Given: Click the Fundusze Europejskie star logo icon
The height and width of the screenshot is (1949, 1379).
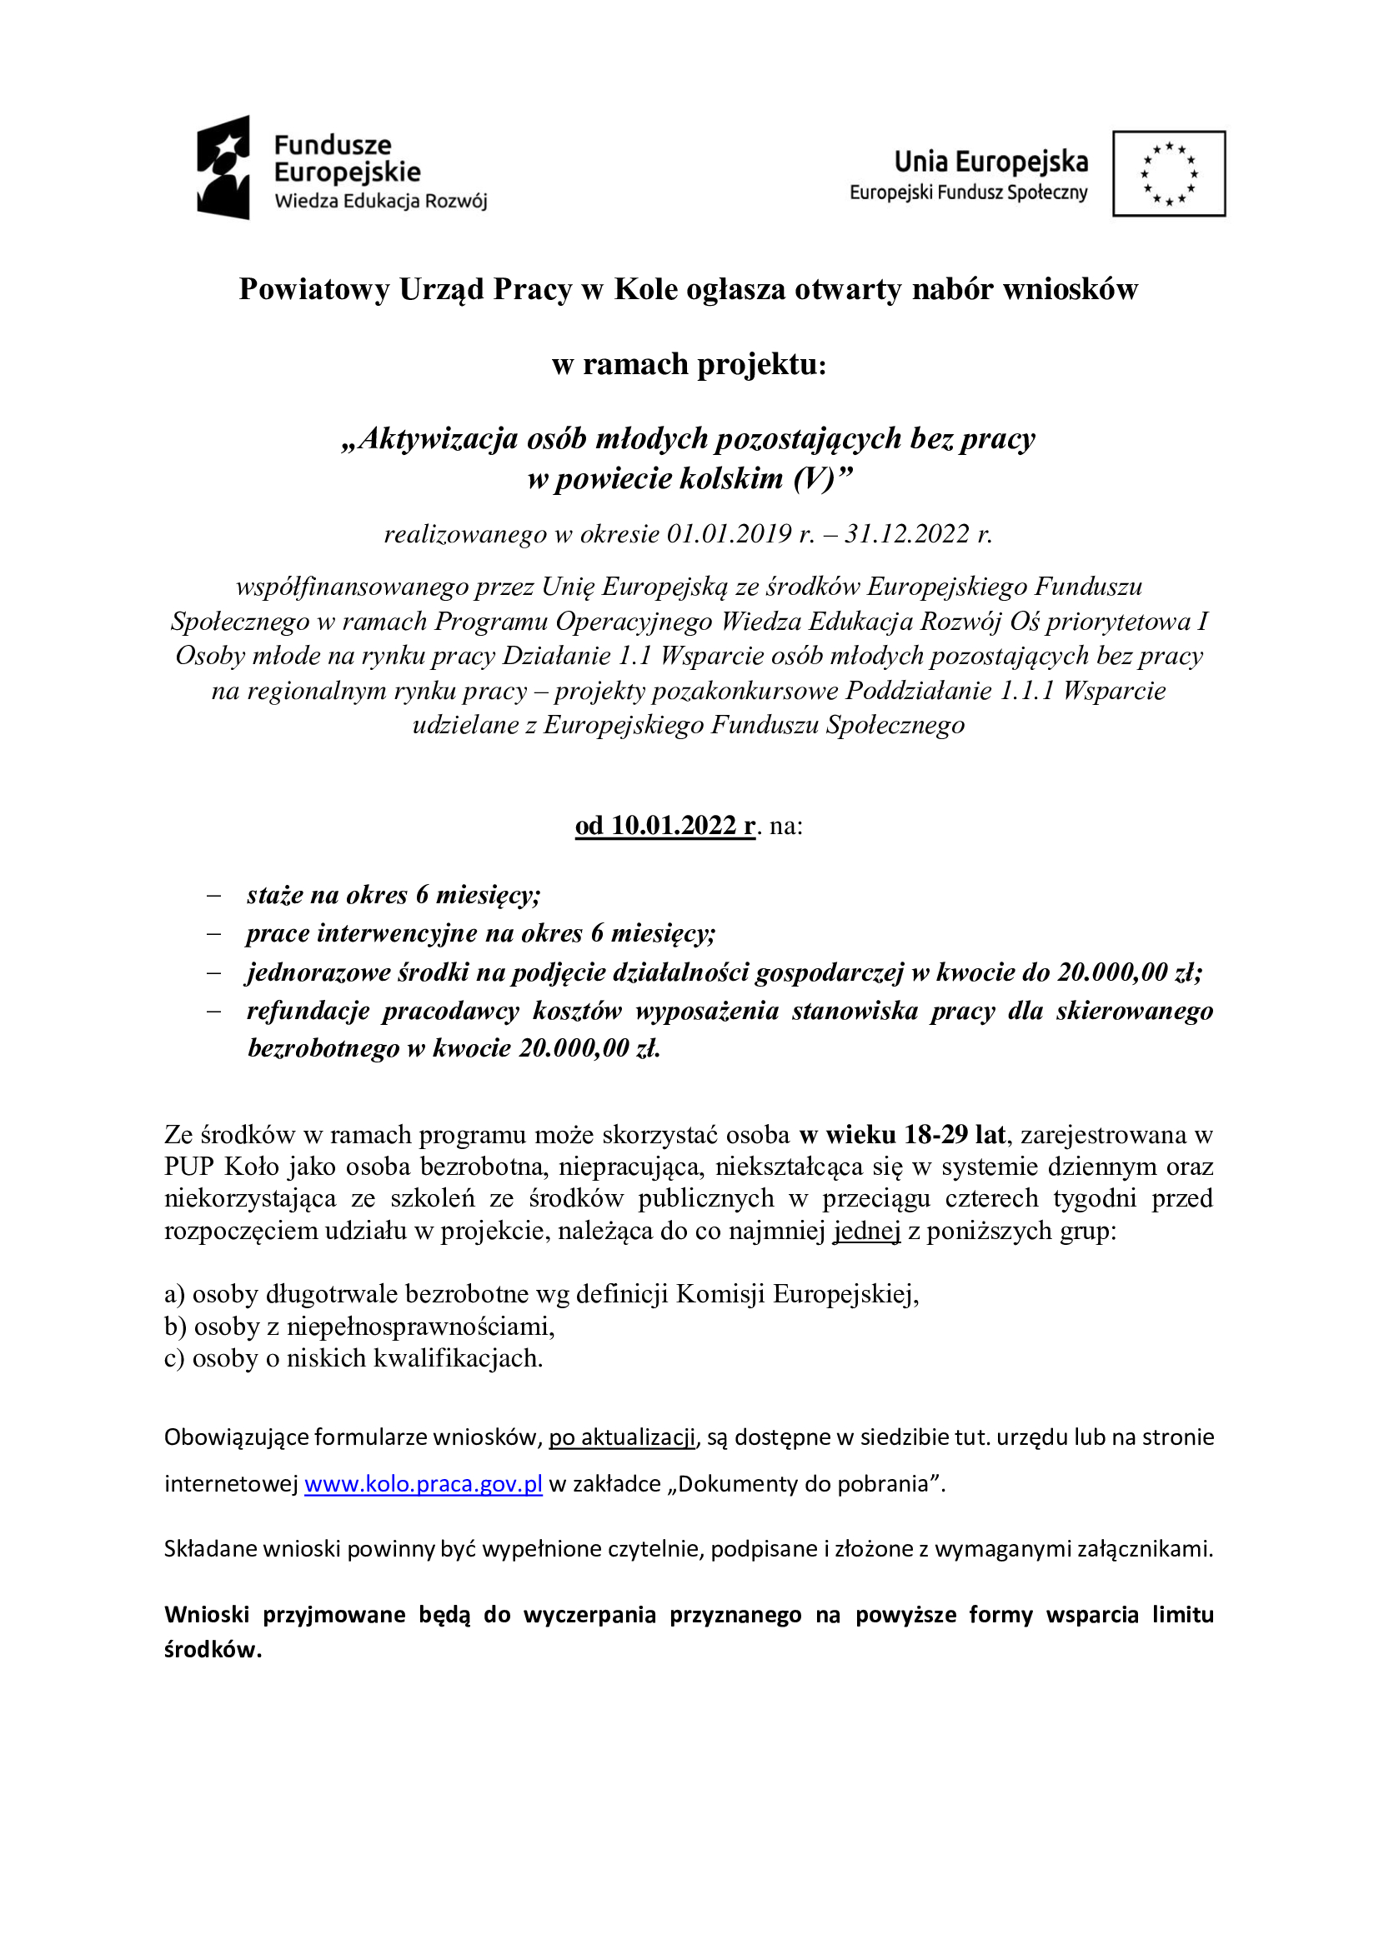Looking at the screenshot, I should pyautogui.click(x=223, y=167).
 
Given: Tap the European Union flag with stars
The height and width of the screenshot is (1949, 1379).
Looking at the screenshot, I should pyautogui.click(x=1168, y=173).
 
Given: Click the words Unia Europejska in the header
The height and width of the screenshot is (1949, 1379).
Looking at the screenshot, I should pyautogui.click(x=991, y=162).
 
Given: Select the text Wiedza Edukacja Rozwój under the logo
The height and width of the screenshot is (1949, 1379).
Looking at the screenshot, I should pyautogui.click(x=380, y=201).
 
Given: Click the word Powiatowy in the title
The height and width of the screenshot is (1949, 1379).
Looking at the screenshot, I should pyautogui.click(x=314, y=289).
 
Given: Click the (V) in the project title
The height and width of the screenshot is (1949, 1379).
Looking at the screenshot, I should pyautogui.click(x=815, y=479).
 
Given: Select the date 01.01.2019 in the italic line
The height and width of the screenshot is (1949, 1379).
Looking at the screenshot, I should pyautogui.click(x=730, y=534).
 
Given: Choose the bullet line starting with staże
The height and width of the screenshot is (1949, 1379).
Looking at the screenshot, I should pyautogui.click(x=394, y=895).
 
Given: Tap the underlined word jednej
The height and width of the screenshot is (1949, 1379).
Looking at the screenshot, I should pyautogui.click(x=866, y=1231).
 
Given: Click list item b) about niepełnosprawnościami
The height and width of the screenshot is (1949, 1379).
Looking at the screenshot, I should pyautogui.click(x=359, y=1326).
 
